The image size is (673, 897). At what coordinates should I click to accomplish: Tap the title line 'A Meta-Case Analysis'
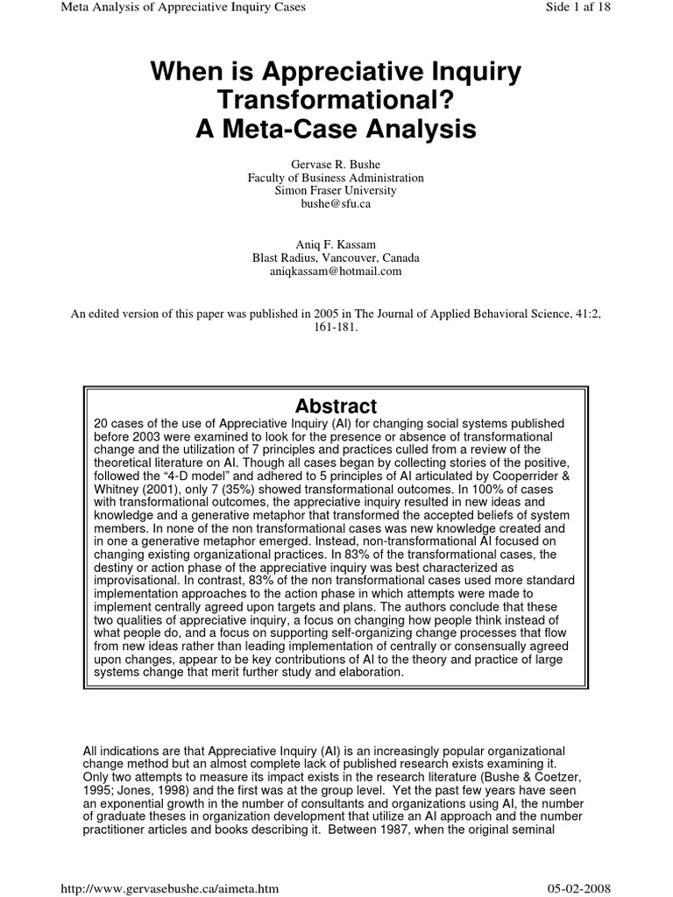pos(336,129)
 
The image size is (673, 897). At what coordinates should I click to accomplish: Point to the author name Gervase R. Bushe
pos(336,165)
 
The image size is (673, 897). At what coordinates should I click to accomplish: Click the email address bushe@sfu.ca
pos(336,203)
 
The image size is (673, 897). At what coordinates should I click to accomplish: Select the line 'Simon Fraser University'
pos(336,190)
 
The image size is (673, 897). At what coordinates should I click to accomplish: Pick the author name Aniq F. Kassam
pos(336,245)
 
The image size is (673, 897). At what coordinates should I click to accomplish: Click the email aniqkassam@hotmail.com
pos(336,272)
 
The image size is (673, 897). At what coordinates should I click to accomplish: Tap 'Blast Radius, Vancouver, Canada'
pos(336,258)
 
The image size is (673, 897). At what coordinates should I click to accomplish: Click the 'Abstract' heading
pos(336,406)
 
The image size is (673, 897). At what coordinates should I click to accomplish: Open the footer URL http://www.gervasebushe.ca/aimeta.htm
pos(167,887)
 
